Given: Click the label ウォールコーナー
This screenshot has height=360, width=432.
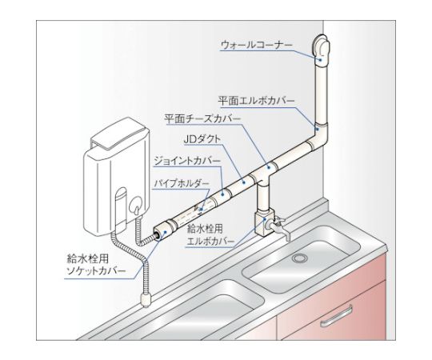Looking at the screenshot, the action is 256,45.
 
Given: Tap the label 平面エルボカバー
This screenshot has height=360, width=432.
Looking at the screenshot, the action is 257,101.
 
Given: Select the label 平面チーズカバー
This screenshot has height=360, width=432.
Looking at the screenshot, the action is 202,119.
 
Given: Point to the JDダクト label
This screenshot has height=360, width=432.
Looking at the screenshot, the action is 202,139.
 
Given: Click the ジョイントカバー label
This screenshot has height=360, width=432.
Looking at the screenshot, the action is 187,161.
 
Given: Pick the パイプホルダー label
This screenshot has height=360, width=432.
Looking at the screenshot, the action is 182,183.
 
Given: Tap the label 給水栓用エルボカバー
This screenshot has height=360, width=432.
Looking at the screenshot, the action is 210,235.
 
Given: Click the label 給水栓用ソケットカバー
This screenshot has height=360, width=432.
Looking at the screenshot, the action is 97,265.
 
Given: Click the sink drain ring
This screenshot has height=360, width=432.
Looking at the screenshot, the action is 298,258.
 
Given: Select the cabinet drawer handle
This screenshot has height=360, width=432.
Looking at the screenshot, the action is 337,316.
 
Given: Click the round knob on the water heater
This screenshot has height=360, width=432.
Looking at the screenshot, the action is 134,205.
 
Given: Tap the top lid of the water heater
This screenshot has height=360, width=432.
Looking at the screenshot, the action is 120,134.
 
